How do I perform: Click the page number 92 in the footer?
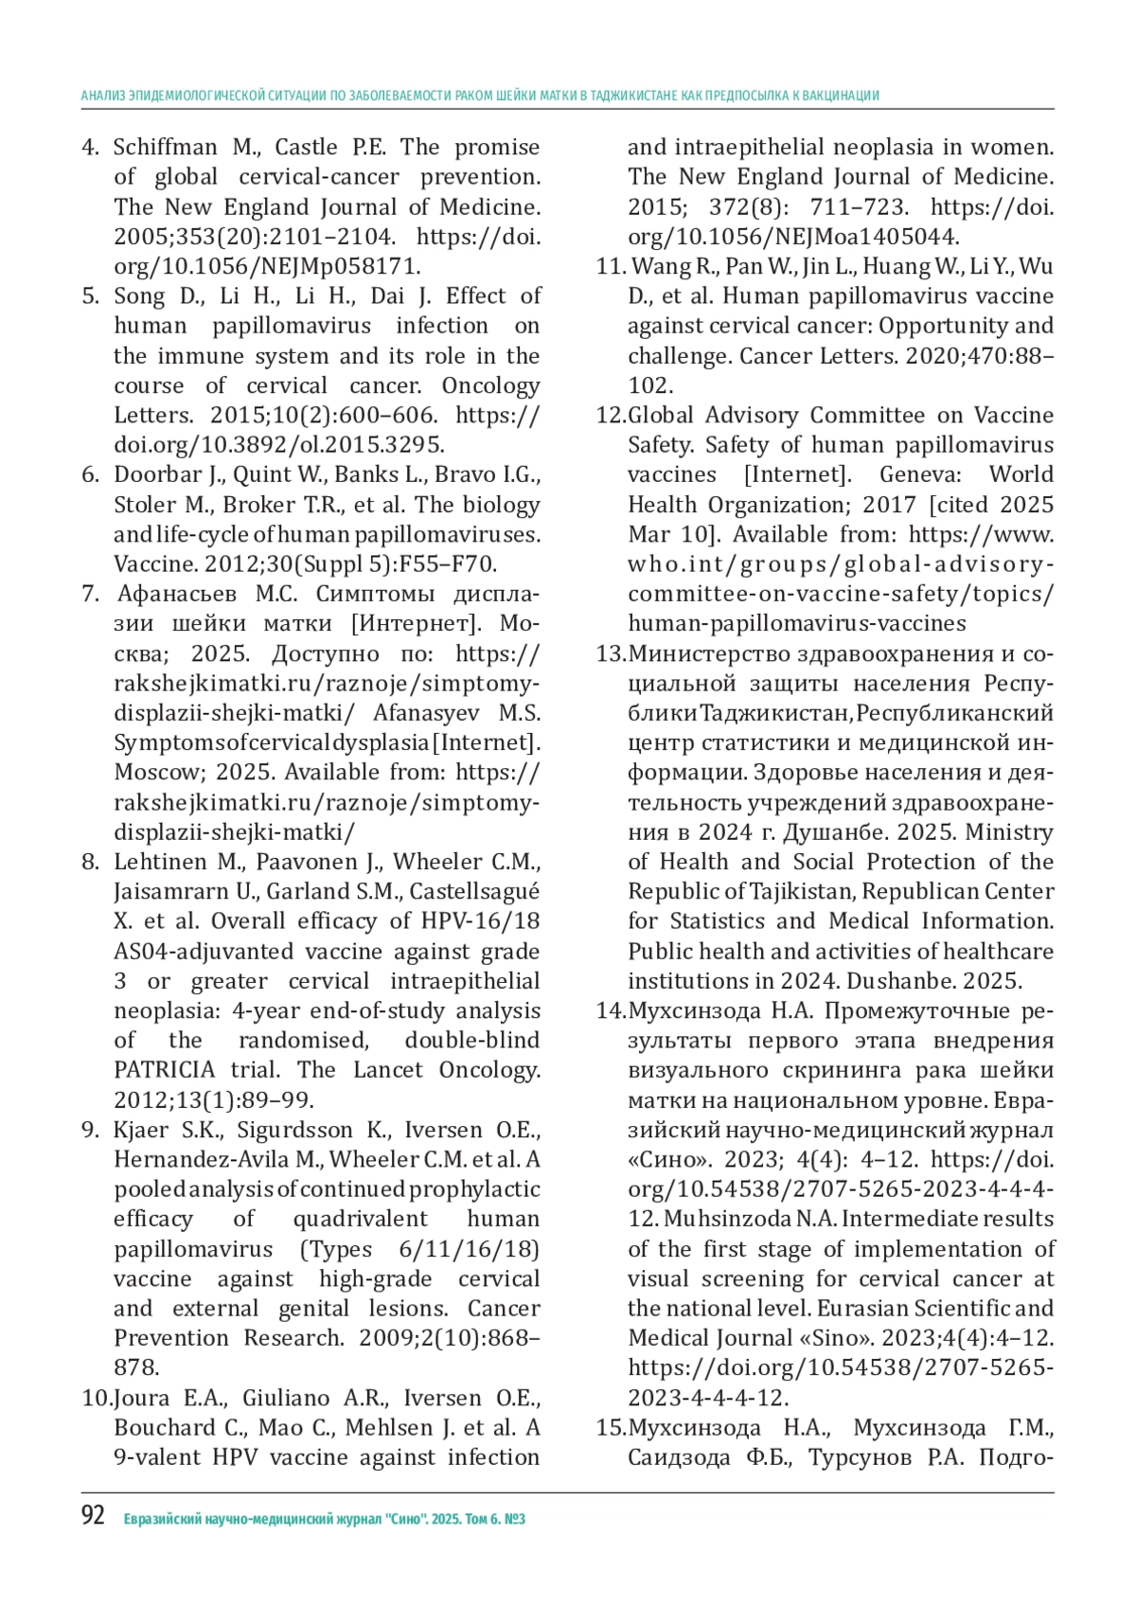(93, 1516)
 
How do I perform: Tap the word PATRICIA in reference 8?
(165, 1070)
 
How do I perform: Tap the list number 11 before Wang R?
(610, 266)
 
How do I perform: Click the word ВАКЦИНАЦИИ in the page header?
(843, 96)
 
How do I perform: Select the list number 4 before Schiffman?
(91, 148)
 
